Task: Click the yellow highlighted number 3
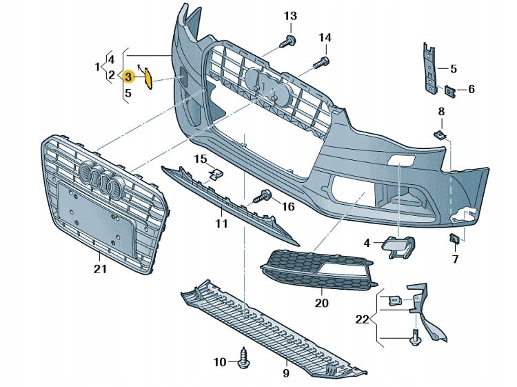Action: (128, 75)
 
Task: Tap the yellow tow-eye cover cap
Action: (148, 79)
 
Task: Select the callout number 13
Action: (290, 16)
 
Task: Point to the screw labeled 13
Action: (289, 41)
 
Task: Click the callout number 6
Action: (472, 89)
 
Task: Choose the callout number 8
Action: (441, 111)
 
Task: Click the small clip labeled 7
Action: (455, 239)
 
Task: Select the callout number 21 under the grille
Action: (101, 269)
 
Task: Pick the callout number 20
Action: (322, 302)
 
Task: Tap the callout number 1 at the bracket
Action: (97, 67)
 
